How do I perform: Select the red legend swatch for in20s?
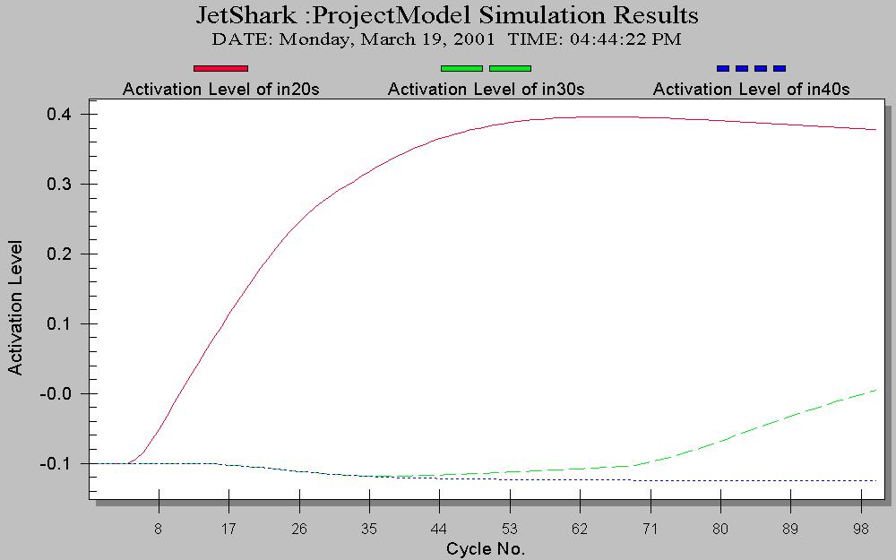(220, 68)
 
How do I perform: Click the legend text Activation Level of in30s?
(486, 90)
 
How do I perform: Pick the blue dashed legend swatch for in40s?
(751, 68)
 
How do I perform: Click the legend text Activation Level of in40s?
(751, 90)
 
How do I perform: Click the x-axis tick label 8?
(159, 530)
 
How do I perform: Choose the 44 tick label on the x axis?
(439, 530)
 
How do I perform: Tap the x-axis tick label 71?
(650, 530)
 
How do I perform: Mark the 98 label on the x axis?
(859, 530)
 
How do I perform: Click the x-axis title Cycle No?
(485, 548)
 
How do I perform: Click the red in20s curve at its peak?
(591, 116)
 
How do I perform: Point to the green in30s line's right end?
(874, 390)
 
